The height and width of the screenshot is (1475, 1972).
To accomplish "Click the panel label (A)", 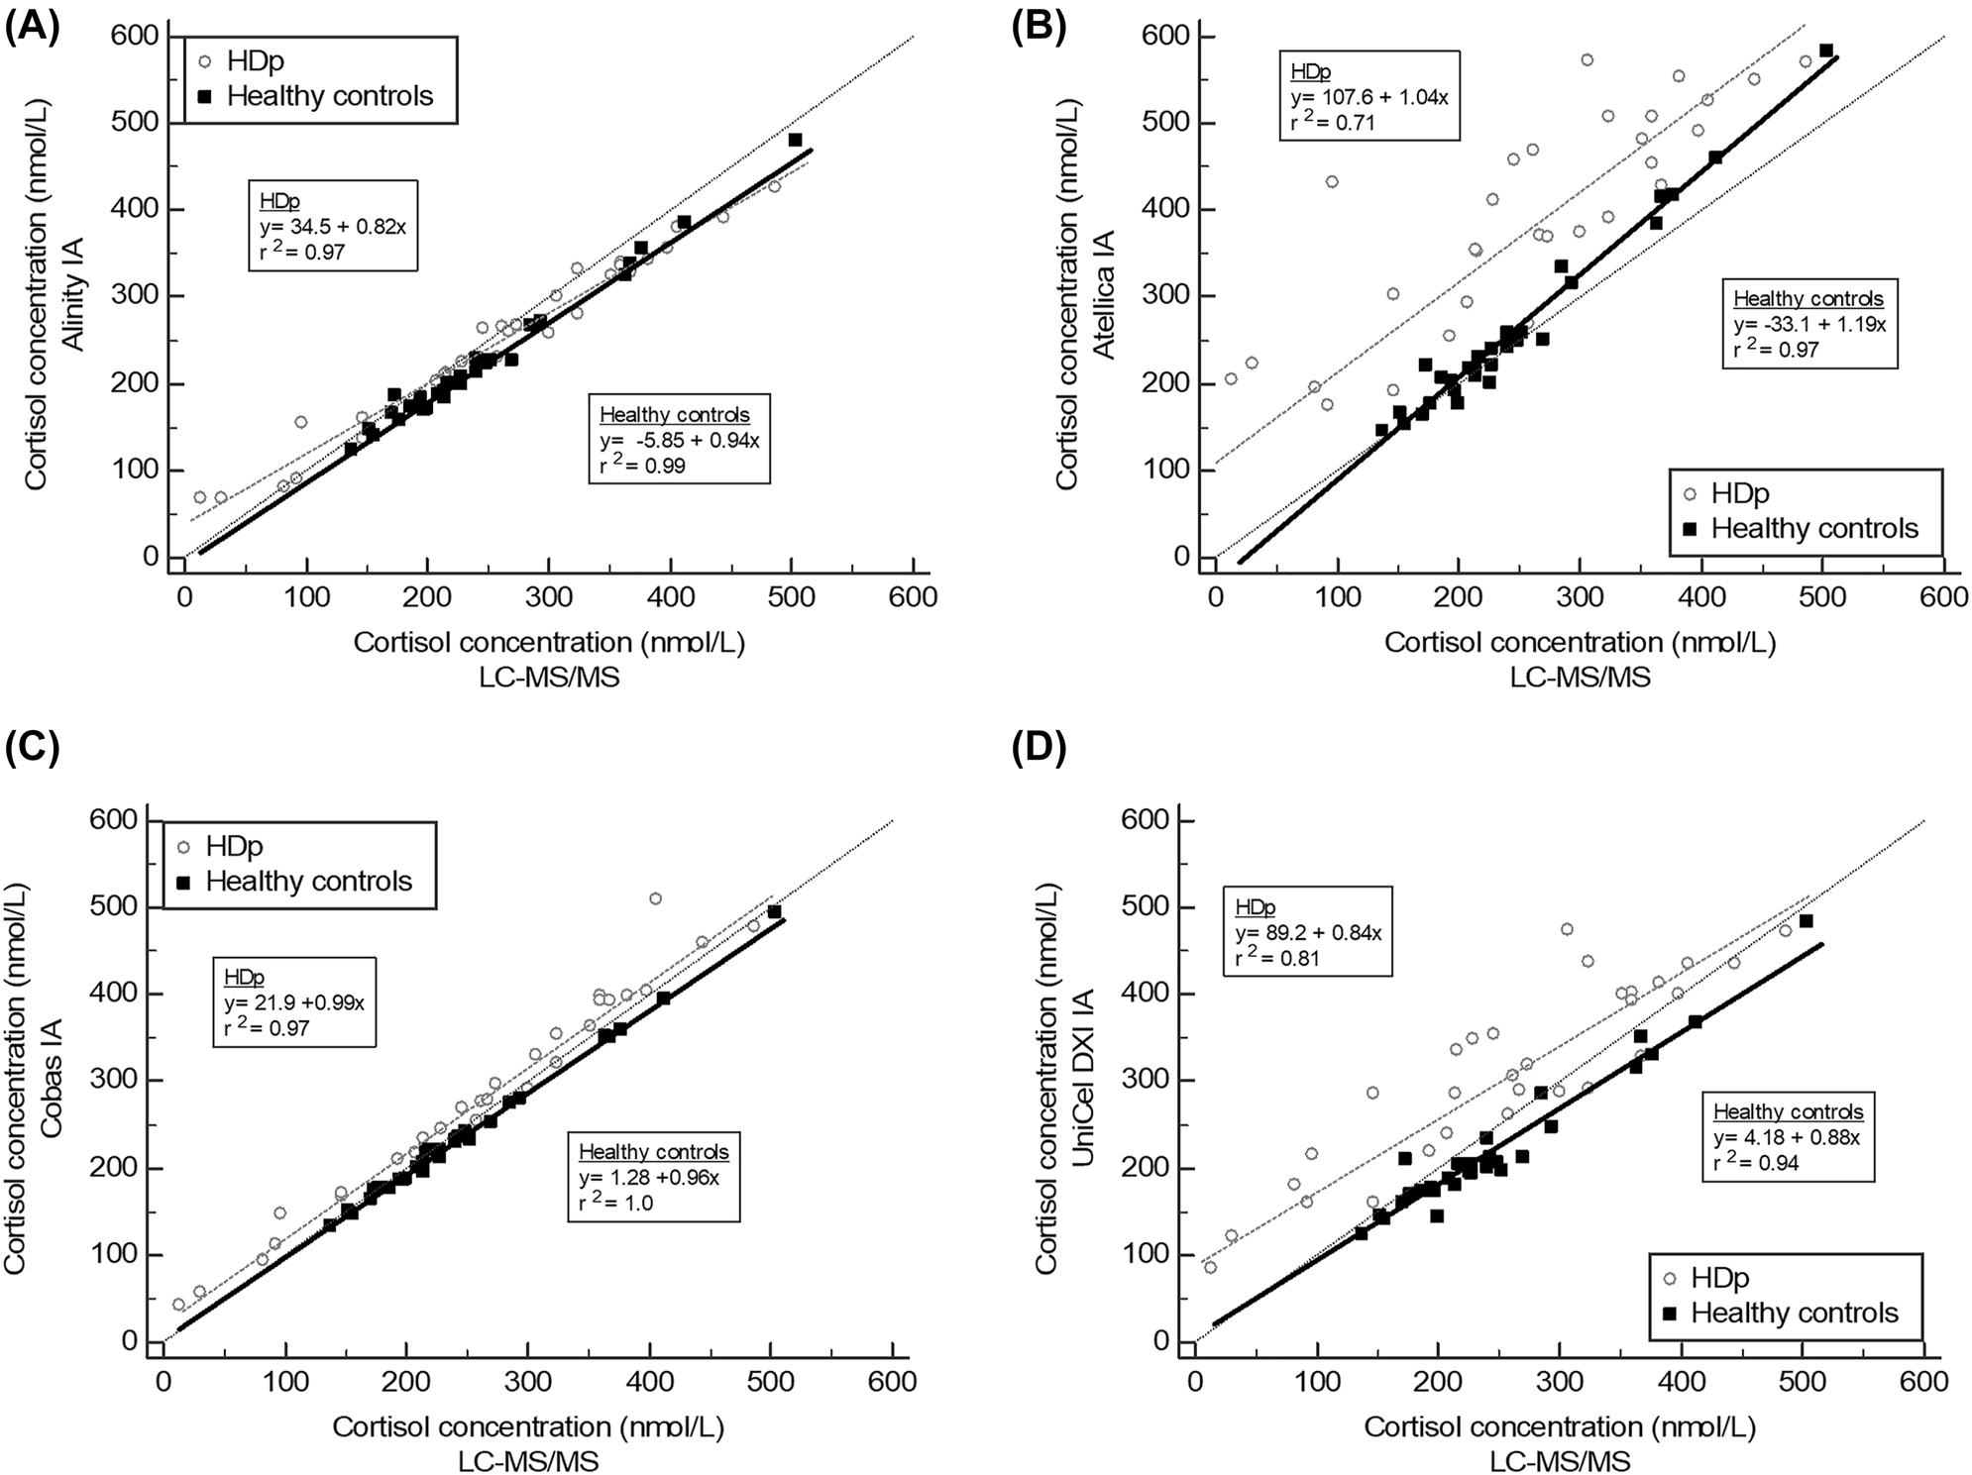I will pos(32,27).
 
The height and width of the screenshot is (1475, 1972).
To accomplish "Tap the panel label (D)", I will pos(1038,750).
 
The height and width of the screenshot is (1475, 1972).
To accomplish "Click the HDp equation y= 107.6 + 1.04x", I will pos(1369,97).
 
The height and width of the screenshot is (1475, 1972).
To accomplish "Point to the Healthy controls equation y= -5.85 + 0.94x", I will pos(679,440).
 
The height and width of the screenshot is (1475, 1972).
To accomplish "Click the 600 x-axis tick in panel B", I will pos(1943,596).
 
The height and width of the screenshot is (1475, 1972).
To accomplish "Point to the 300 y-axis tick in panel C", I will pos(114,1080).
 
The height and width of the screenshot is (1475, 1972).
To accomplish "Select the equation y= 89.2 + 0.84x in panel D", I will pos(1307,932).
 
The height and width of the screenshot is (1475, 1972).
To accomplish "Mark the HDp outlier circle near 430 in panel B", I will pos(1332,181).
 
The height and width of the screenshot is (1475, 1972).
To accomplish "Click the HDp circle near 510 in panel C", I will pos(655,898).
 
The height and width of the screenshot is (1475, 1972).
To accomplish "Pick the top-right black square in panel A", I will pos(795,140).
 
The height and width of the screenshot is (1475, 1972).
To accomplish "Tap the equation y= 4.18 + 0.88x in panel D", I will pos(1787,1137).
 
